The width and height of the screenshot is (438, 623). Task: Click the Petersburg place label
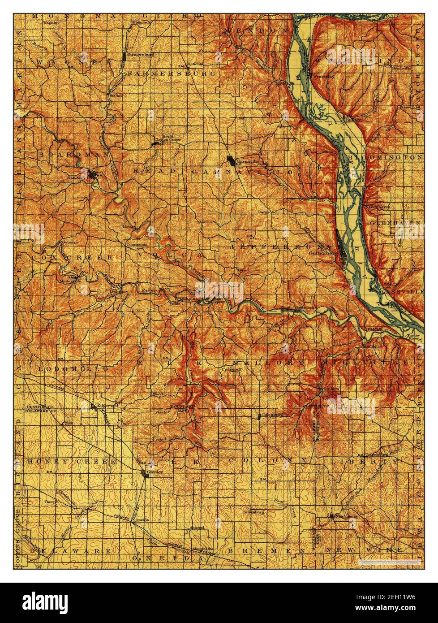[x=254, y=511]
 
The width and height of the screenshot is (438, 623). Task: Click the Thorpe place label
[x=50, y=502]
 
